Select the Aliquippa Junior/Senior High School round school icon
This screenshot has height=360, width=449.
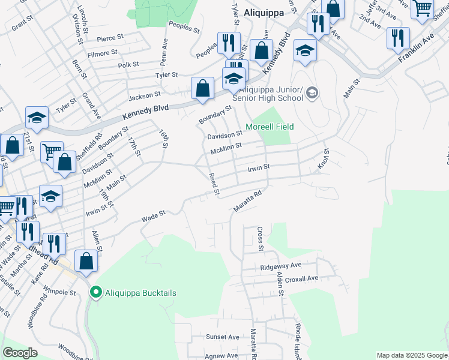pos(312,93)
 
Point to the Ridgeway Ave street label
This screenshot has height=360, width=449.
pos(280,266)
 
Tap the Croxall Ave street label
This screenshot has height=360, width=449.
pos(301,278)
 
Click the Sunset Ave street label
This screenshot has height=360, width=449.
pos(223,337)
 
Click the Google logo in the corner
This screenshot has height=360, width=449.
pos(20,353)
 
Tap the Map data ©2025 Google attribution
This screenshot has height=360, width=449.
pos(411,355)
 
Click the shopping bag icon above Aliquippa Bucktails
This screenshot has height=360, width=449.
pos(86,262)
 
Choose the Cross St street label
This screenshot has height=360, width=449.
pos(261,238)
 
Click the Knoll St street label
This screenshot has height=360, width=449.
pos(324,159)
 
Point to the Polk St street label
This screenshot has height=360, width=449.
pos(128,64)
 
